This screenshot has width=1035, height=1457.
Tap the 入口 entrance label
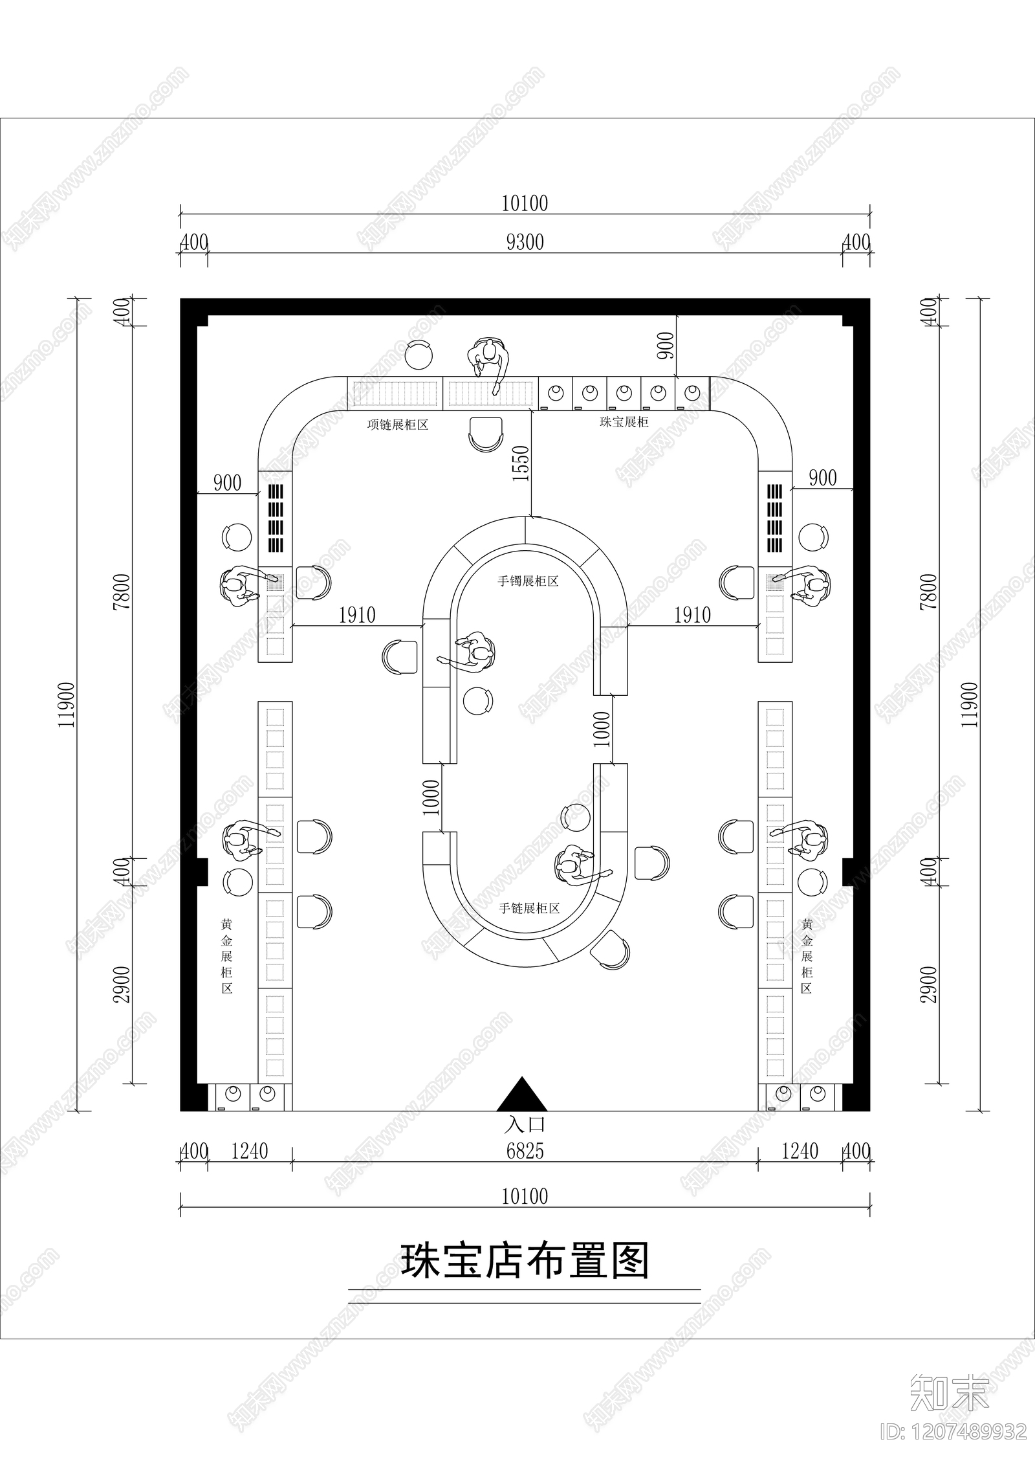click(525, 1123)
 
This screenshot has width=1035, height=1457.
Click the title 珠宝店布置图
click(525, 1260)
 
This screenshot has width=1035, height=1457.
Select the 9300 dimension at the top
click(525, 242)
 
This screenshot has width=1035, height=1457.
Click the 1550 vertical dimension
click(521, 463)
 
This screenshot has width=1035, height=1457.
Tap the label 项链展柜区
click(398, 425)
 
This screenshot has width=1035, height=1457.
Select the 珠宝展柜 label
click(624, 422)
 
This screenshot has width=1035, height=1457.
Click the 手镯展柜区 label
click(528, 581)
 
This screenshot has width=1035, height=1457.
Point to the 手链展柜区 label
click(528, 908)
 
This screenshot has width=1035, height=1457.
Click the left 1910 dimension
click(357, 615)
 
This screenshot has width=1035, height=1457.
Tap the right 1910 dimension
click(693, 615)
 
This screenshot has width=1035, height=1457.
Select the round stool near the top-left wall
click(419, 354)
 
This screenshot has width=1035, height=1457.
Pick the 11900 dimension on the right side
click(970, 705)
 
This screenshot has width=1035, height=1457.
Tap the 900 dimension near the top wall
click(667, 346)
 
